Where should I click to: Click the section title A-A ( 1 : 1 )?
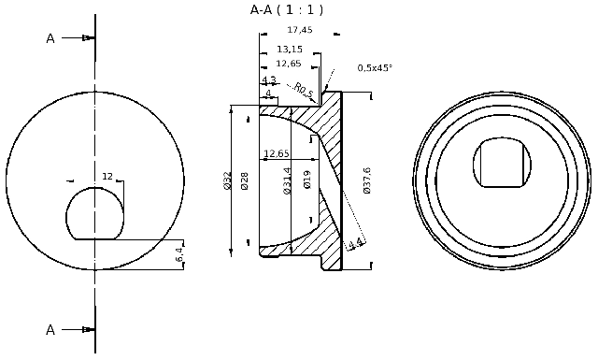(286, 10)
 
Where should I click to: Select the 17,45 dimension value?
(299, 30)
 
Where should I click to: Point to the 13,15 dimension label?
(290, 50)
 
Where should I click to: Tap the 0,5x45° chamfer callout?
(375, 67)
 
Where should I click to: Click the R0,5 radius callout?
(303, 90)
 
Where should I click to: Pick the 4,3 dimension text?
(269, 80)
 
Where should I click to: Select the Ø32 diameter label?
(227, 180)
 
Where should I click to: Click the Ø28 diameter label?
(245, 180)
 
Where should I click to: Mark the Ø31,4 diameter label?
(288, 180)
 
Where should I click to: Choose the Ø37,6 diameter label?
(367, 180)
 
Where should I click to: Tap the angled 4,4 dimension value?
(354, 245)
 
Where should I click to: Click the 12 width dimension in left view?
(107, 177)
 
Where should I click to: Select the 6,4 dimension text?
(179, 253)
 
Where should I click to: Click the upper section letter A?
(50, 38)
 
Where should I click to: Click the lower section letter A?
(50, 329)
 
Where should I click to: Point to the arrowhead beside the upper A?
(88, 38)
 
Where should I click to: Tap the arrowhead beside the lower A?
(88, 329)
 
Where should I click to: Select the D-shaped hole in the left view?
(94, 212)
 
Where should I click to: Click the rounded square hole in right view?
(502, 163)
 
